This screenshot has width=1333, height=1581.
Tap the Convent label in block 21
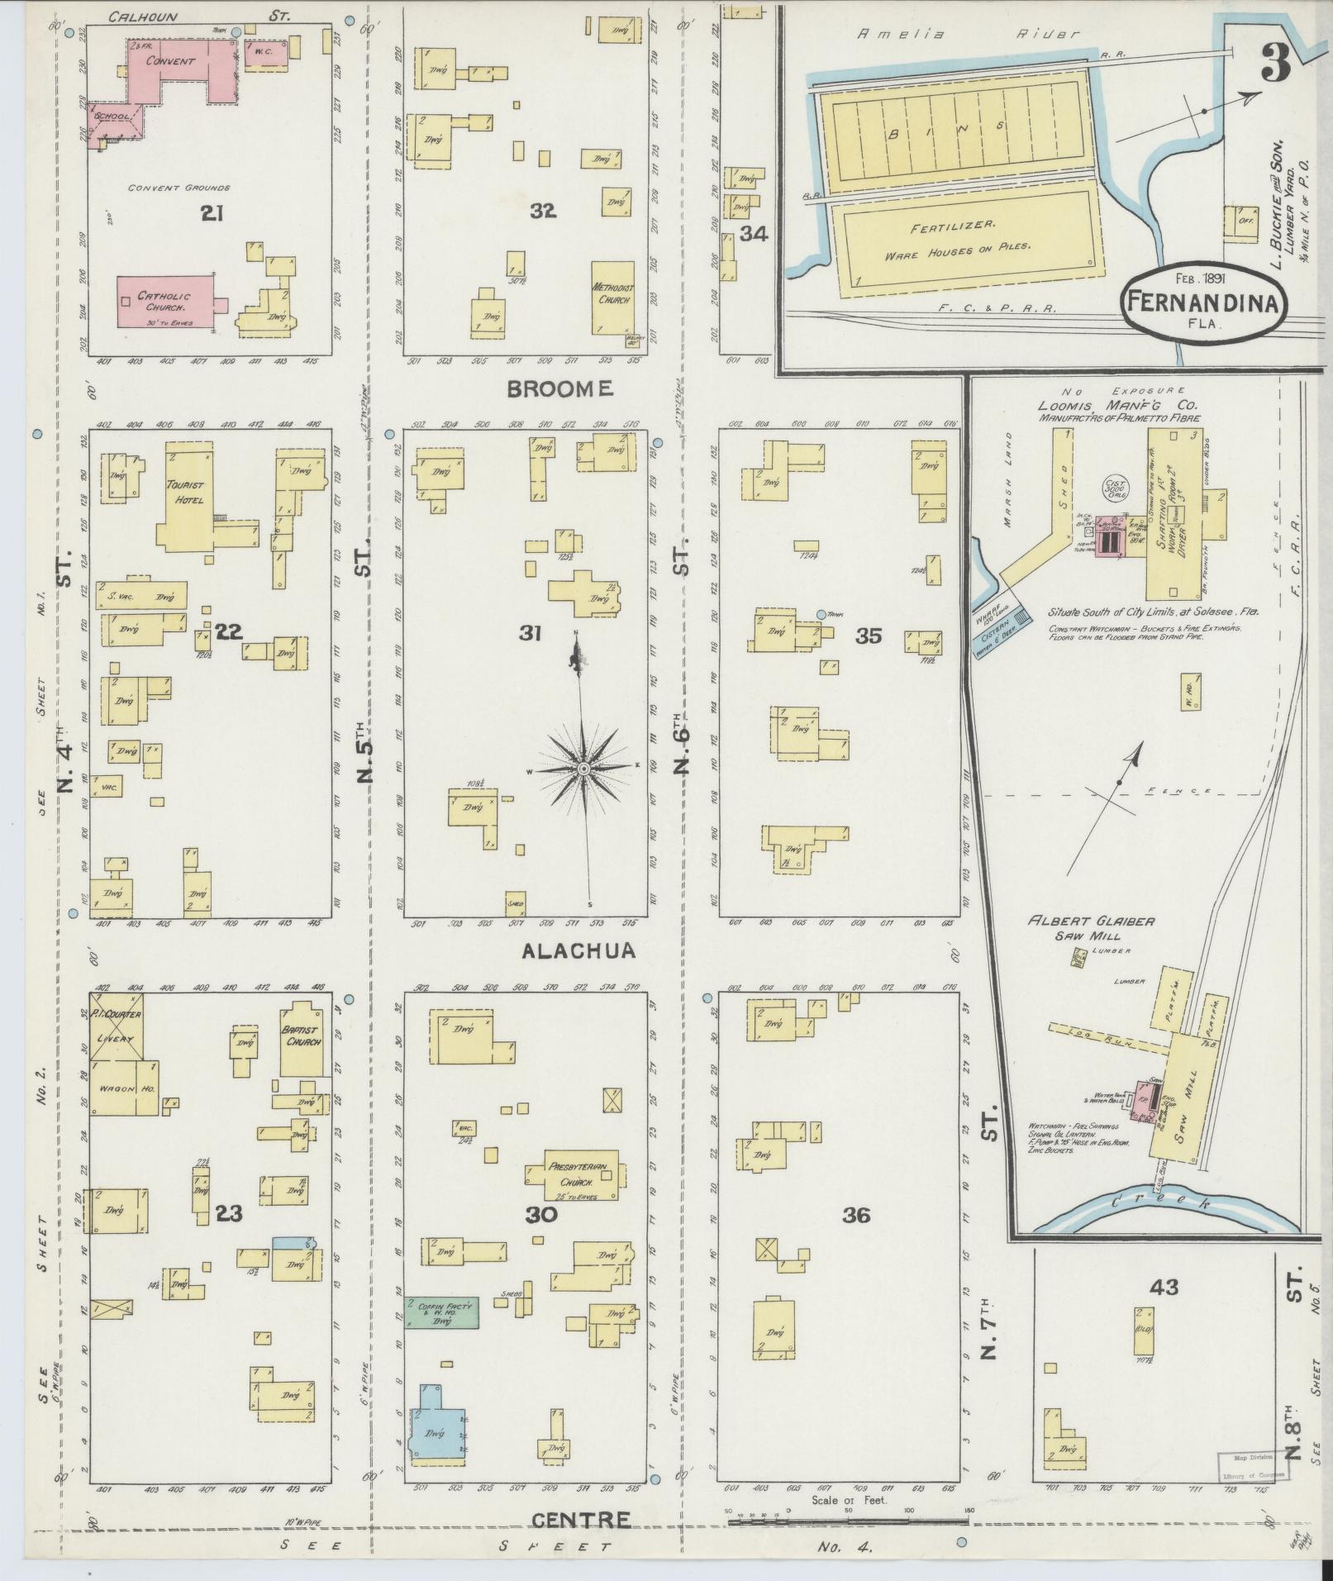(171, 61)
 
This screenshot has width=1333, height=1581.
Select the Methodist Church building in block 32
(612, 298)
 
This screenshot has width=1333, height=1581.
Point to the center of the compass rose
(583, 769)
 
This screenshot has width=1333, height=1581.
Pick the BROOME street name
(559, 388)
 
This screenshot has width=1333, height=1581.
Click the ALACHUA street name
(578, 951)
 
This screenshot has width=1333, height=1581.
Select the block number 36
(856, 1215)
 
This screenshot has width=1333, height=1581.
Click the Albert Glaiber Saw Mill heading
(1090, 928)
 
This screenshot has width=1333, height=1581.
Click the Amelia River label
(967, 35)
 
